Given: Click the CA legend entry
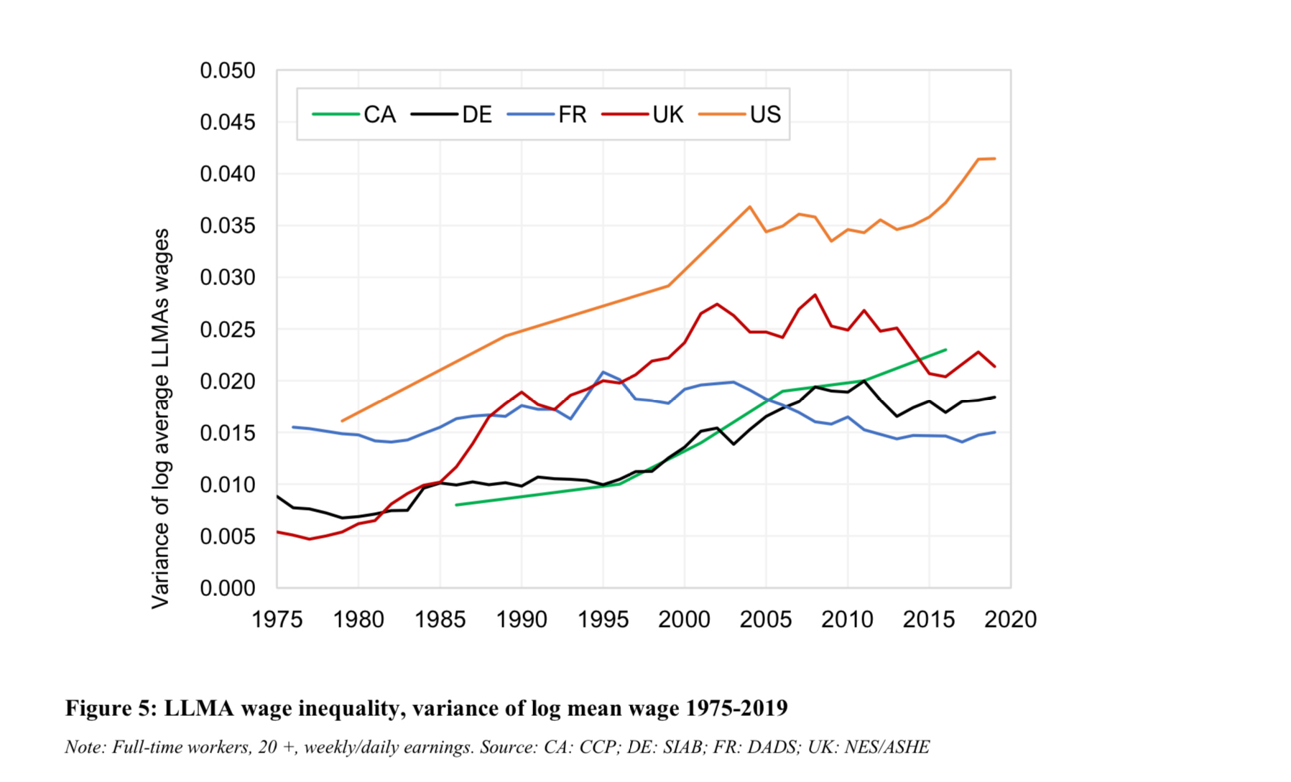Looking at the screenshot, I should [354, 115].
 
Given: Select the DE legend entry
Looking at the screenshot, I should [452, 115].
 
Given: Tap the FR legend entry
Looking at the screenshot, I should [547, 115].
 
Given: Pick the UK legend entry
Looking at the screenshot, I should [643, 115].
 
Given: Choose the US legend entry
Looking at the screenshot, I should [740, 115].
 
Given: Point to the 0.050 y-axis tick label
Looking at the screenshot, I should [227, 71].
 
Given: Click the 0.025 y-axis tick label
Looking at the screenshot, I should [227, 330].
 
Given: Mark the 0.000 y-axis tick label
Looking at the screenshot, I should [227, 589].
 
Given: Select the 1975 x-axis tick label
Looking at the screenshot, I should [277, 620].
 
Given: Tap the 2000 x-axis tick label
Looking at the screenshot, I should [684, 620].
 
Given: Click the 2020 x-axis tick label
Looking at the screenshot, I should [1010, 620].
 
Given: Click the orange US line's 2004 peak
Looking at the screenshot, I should [749, 207].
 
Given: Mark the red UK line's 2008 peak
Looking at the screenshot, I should [815, 294].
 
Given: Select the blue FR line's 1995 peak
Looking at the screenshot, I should [603, 372].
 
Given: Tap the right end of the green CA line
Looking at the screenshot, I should [945, 350].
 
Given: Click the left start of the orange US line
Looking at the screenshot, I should [342, 421].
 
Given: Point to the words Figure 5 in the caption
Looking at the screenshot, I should [111, 708].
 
